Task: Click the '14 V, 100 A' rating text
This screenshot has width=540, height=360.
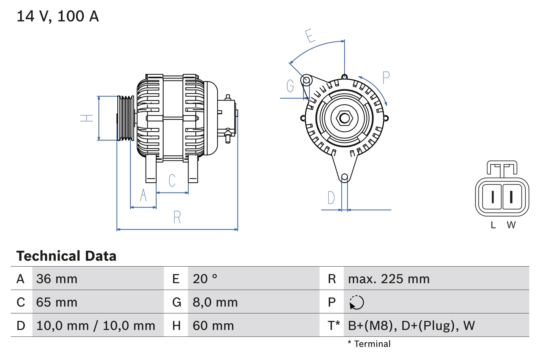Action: click(58, 16)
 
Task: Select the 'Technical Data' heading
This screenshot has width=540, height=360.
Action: click(66, 256)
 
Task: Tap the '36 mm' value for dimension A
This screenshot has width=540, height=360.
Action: click(57, 279)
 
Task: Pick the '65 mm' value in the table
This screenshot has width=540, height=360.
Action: click(57, 302)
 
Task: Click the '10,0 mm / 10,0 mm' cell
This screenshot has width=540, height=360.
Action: click(96, 325)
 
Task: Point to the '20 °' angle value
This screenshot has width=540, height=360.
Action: click(205, 279)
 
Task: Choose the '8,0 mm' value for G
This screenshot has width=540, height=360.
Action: click(215, 302)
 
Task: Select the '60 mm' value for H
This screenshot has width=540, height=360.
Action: click(213, 325)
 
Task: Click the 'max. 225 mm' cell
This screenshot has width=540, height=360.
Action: click(389, 279)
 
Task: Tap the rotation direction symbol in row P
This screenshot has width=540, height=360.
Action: click(356, 302)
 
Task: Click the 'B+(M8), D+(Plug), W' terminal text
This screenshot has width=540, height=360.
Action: click(411, 325)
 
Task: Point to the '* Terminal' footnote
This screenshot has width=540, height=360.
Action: click(369, 344)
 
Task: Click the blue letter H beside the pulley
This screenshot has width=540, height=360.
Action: click(86, 118)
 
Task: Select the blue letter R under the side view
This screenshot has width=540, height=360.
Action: click(177, 217)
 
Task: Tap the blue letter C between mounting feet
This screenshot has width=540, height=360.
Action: click(172, 180)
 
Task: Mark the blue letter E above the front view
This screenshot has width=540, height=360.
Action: click(310, 36)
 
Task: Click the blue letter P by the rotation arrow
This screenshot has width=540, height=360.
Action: click(386, 77)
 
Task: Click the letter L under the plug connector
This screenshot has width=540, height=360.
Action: click(493, 225)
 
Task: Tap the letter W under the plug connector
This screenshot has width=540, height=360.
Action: click(511, 225)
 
